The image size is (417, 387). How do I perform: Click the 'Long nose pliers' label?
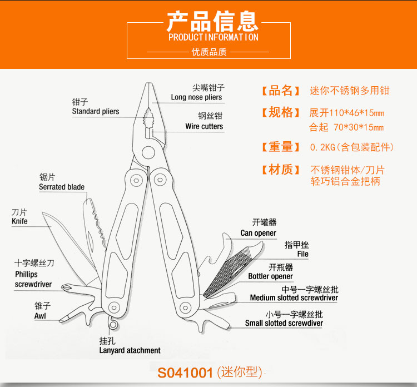coord(196,97)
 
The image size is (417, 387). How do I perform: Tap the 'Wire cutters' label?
coord(204,126)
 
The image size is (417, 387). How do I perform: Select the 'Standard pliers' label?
coord(96,111)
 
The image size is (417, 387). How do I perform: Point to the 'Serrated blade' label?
coord(62,187)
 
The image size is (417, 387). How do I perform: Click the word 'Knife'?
coord(19,221)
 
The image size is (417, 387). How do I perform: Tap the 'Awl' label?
coord(41,316)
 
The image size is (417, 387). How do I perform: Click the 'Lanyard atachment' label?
coord(130,350)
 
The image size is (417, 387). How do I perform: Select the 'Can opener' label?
coord(258,233)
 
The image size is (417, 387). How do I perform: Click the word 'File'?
coord(302,254)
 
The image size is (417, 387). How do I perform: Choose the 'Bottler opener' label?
coord(271,276)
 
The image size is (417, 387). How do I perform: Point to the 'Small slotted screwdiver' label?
coord(284,323)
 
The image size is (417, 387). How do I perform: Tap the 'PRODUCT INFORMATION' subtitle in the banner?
coord(213,37)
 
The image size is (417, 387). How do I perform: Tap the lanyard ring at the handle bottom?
coord(113,324)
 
